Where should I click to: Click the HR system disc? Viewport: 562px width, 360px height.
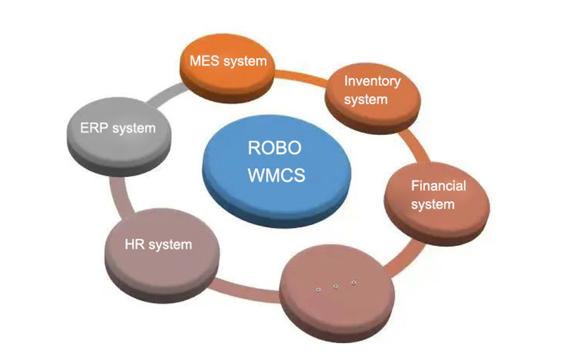(157, 245)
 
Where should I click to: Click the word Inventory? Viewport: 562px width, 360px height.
(372, 81)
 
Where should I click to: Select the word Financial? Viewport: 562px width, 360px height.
(438, 186)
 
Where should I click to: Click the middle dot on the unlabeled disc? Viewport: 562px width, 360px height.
(335, 285)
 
